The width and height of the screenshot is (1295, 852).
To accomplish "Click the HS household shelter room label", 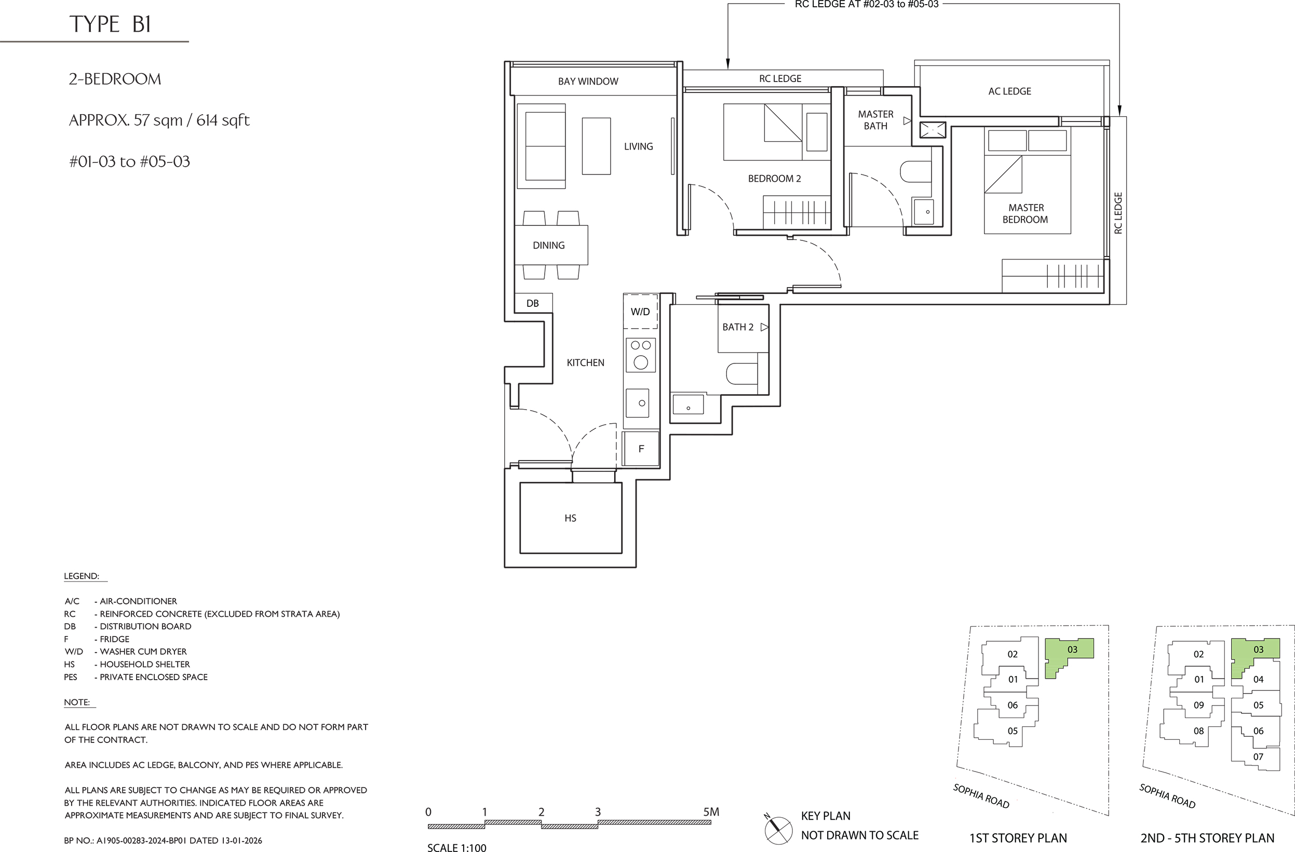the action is click(570, 518).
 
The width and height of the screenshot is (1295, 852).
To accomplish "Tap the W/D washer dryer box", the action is click(640, 311).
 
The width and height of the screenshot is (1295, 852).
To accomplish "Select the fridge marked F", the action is click(641, 449).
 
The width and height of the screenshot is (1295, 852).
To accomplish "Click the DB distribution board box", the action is click(533, 303).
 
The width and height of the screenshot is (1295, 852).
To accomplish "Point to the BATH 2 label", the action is click(738, 327).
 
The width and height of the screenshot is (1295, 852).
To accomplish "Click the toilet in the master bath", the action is click(916, 172).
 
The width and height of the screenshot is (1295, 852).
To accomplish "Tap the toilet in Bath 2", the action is click(742, 374).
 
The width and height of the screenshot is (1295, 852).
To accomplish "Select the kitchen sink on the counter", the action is click(637, 403).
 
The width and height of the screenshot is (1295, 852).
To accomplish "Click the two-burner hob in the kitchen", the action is click(641, 355).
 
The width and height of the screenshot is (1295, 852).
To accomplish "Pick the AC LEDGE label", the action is click(1009, 91).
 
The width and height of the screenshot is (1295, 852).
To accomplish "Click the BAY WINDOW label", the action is click(588, 82).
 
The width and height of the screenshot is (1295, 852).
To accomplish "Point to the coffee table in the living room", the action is click(596, 146).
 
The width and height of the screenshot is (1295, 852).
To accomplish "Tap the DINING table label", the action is click(548, 246).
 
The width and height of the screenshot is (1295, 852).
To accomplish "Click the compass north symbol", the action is click(777, 830).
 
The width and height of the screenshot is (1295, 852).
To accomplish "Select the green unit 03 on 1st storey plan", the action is click(1067, 655).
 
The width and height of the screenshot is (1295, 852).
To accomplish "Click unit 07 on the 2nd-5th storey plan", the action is click(1258, 757).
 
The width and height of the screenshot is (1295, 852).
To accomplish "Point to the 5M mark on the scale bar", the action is click(711, 812).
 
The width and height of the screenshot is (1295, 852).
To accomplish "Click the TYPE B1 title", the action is click(110, 24).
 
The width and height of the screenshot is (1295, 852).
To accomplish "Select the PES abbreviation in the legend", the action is click(71, 677).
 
